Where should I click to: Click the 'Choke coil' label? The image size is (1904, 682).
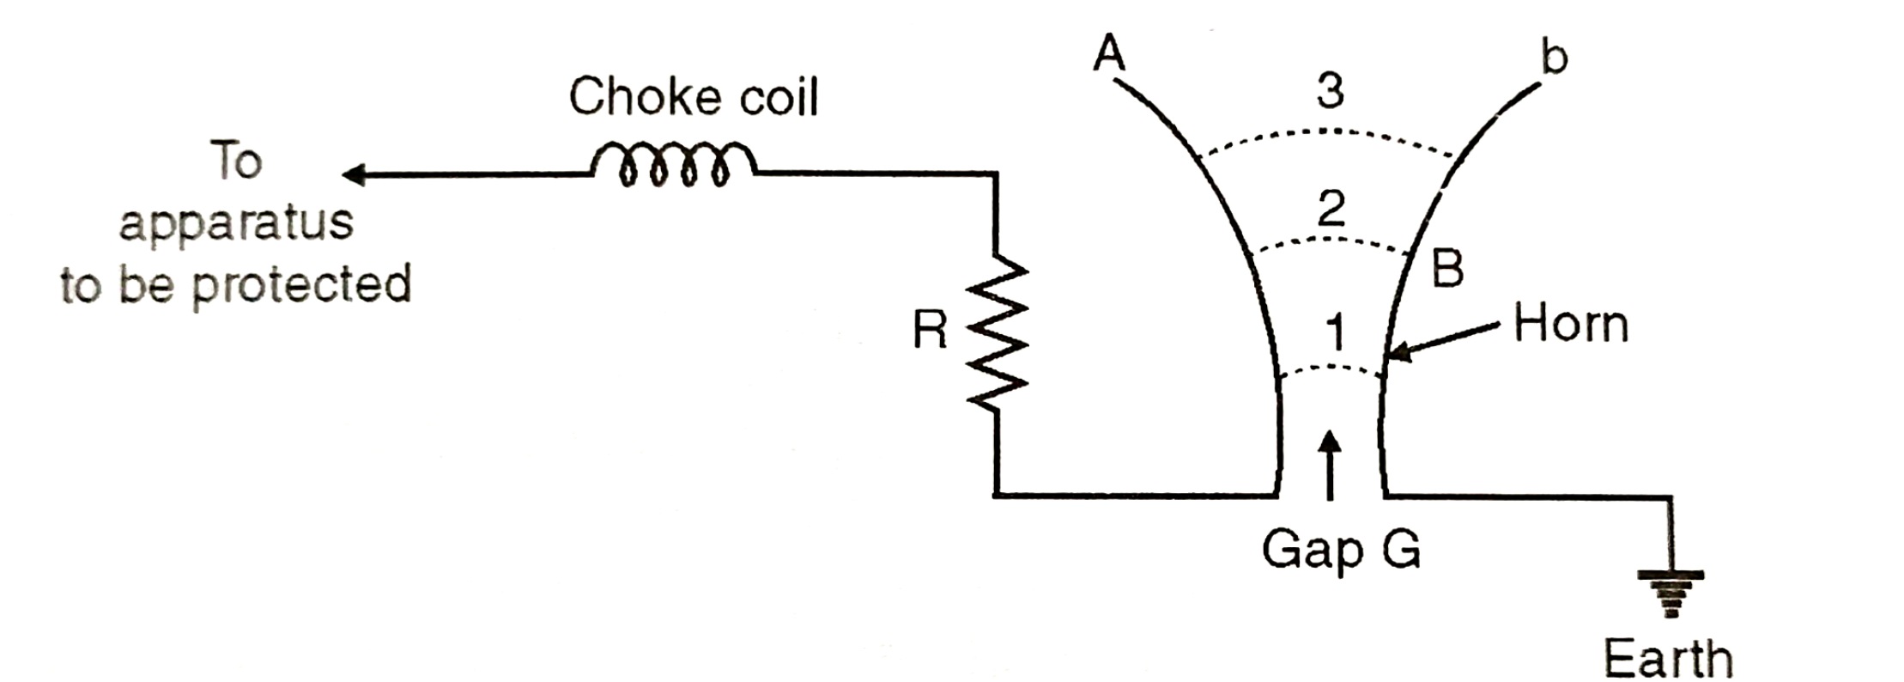pos(693,97)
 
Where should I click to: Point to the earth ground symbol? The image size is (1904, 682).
pos(1670,592)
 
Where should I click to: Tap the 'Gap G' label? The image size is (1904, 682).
pos(1340,548)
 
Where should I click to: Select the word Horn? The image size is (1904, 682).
pos(1570,325)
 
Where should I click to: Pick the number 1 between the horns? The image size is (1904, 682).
pos(1333,333)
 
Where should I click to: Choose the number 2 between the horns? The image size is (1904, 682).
pos(1331,209)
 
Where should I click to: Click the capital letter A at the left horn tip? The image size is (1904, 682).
pos(1109,54)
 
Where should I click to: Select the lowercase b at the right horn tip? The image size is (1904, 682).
pos(1553,58)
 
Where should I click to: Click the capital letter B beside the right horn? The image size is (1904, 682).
pos(1447,268)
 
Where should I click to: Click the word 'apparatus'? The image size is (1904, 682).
pos(236,222)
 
